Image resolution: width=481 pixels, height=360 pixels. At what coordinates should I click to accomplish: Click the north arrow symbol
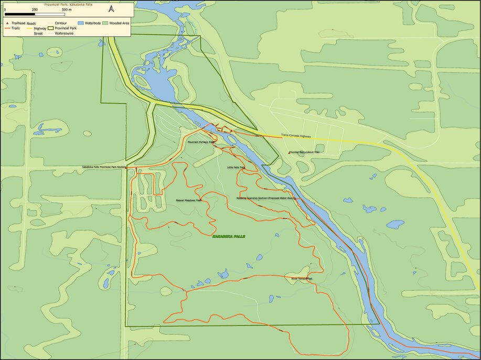coord(112,9)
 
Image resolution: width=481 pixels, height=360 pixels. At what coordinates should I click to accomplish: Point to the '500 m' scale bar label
coord(66,9)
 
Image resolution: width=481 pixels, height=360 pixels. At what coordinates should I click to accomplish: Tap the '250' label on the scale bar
coord(35,9)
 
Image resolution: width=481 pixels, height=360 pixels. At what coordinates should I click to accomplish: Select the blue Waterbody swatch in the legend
coord(81,24)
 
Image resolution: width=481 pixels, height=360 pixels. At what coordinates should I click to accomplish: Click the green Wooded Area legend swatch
coord(105,24)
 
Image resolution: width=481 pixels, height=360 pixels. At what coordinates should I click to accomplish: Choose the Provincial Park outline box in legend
coord(51,28)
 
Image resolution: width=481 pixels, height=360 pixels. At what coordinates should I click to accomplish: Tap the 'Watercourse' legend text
coord(66,33)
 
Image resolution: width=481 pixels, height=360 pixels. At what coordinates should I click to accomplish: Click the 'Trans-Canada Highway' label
coord(296,135)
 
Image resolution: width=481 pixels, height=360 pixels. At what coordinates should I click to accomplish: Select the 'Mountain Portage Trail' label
coord(201,142)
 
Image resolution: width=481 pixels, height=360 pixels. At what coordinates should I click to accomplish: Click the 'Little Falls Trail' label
coord(236,168)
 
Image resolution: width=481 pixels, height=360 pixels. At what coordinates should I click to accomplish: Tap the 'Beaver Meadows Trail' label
coord(189,200)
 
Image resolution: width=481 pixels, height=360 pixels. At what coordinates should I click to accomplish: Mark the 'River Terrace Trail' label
coord(302,278)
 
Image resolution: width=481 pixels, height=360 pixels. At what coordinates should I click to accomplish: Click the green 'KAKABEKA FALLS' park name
coord(228,237)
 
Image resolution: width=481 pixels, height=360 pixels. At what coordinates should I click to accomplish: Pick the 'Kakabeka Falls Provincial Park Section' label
coord(104,167)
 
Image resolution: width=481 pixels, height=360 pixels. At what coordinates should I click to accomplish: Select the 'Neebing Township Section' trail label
coord(266,199)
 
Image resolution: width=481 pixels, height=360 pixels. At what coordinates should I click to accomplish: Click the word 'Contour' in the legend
coord(61,24)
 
